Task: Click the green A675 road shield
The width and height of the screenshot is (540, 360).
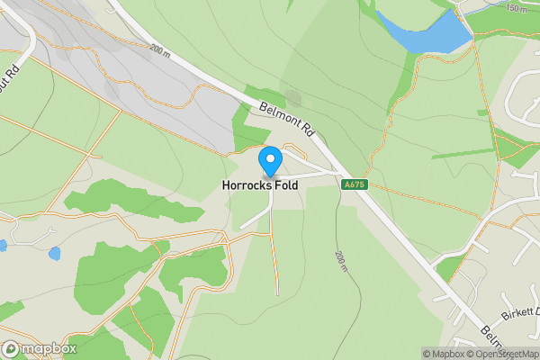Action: (354, 184)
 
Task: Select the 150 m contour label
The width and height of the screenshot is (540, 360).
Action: (517, 8)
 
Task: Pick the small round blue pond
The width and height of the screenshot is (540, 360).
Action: (55, 254)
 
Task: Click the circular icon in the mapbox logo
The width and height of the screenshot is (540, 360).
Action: (11, 348)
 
